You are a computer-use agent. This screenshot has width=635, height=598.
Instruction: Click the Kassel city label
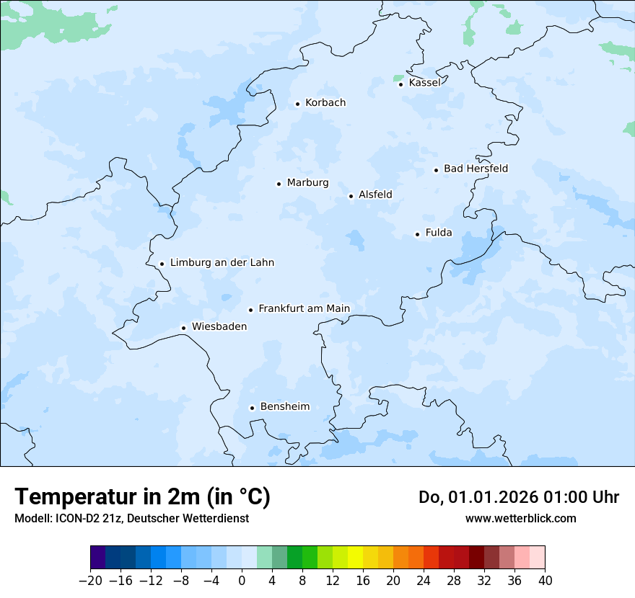424,83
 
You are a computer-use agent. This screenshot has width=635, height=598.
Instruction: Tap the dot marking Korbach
297,104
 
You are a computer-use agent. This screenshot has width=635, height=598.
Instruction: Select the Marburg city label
307,183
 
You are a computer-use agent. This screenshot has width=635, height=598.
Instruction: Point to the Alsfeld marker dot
351,196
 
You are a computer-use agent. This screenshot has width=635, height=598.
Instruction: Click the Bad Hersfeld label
476,169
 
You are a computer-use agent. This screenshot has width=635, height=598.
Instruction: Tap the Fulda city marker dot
417,234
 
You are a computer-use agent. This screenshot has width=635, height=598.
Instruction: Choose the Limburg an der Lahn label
222,263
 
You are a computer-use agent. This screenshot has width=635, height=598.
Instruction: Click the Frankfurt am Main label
304,308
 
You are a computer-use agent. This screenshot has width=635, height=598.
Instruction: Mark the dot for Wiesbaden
183,328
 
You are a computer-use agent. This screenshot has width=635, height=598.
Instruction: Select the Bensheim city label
284,407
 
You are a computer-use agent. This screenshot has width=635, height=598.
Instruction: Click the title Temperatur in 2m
142,497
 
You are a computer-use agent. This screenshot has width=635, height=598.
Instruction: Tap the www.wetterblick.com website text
520,518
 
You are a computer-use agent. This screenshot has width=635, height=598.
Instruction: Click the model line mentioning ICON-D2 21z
131,518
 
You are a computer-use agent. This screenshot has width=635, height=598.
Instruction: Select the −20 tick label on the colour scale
90,581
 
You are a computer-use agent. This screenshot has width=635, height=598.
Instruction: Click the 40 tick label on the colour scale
545,581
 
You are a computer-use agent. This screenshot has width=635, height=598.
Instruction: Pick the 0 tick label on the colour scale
242,581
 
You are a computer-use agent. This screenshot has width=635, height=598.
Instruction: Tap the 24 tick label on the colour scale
424,581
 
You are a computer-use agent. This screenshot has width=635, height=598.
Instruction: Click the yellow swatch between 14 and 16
355,558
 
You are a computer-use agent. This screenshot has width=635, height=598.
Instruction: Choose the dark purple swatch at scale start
98,558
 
